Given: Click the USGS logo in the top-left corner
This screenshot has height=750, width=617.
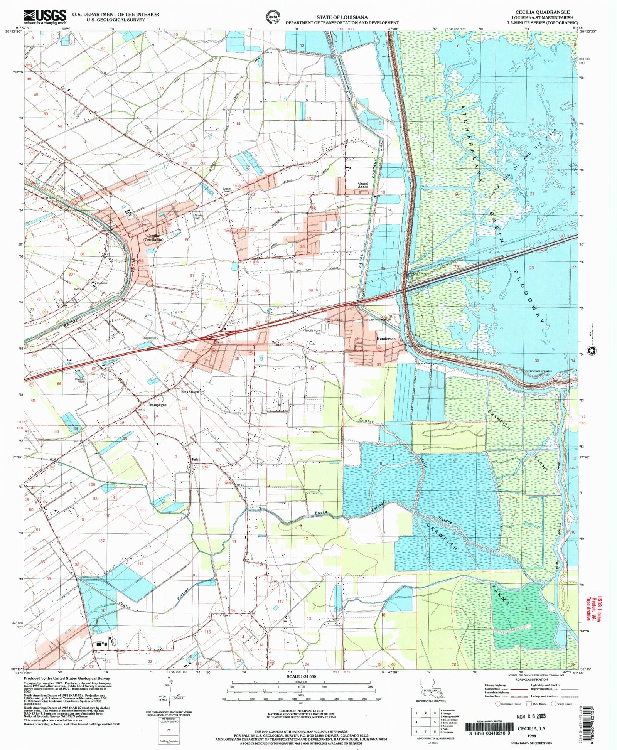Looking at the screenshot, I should (45, 17).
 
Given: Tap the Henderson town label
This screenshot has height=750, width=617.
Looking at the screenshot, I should (386, 339).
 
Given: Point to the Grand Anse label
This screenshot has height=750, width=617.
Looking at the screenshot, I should (363, 185).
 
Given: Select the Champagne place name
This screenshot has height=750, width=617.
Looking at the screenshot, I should (157, 405).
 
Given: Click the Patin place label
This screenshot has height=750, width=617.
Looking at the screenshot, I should (196, 460).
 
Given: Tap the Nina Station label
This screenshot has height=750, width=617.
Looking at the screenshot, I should (190, 392).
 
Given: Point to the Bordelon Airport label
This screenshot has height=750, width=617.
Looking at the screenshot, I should (80, 380).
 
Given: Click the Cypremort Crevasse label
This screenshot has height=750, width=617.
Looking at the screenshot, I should (539, 371).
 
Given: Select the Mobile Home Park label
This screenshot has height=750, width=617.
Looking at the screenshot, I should (313, 332).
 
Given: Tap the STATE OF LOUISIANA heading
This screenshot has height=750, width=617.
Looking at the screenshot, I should (342, 17).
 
